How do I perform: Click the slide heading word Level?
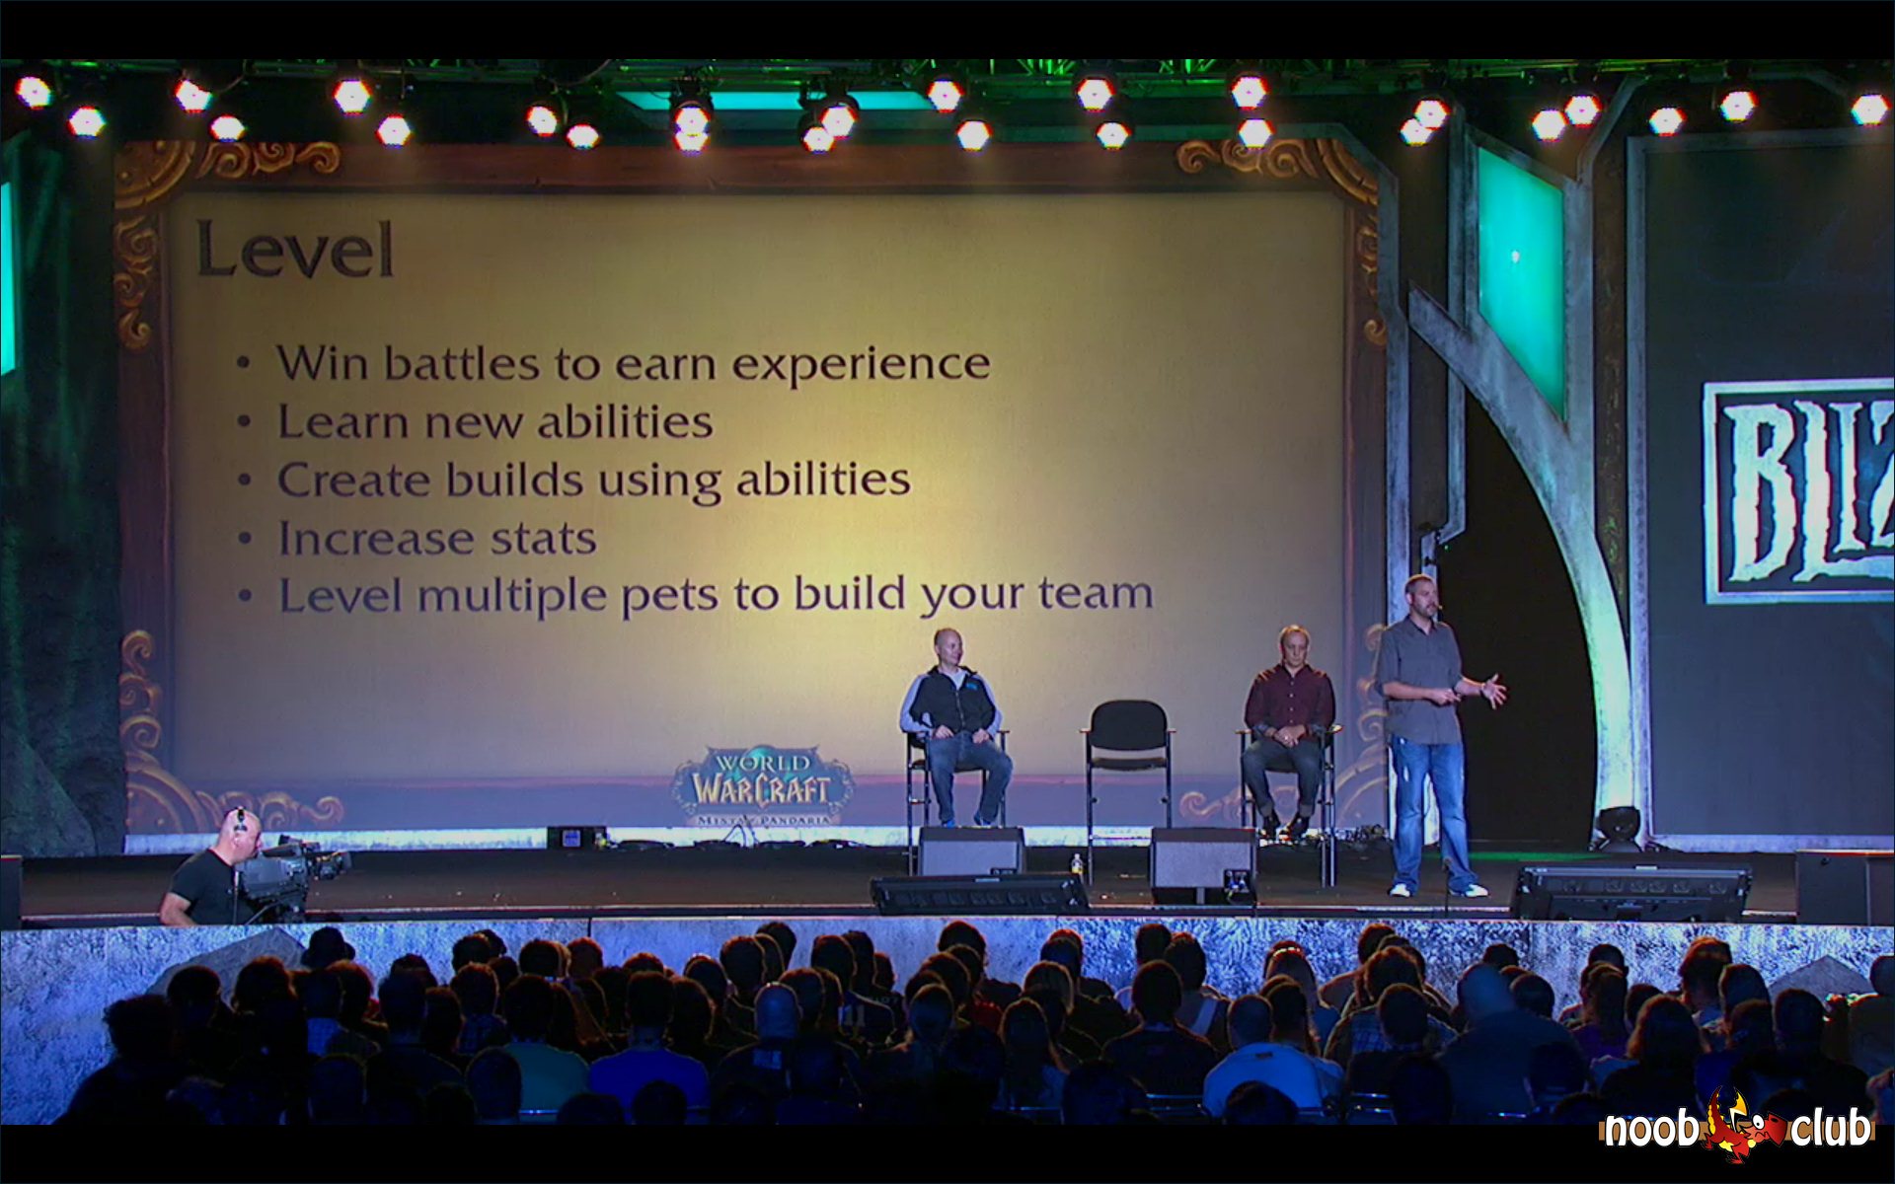(295, 250)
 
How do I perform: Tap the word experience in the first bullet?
(861, 365)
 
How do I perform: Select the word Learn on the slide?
(342, 421)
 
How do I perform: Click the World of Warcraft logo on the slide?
(762, 784)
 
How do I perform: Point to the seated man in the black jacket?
(953, 725)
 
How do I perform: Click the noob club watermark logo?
(1737, 1126)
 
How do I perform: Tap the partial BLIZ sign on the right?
(1798, 490)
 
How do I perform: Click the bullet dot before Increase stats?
(245, 540)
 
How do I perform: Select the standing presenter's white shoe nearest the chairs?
(1400, 889)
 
